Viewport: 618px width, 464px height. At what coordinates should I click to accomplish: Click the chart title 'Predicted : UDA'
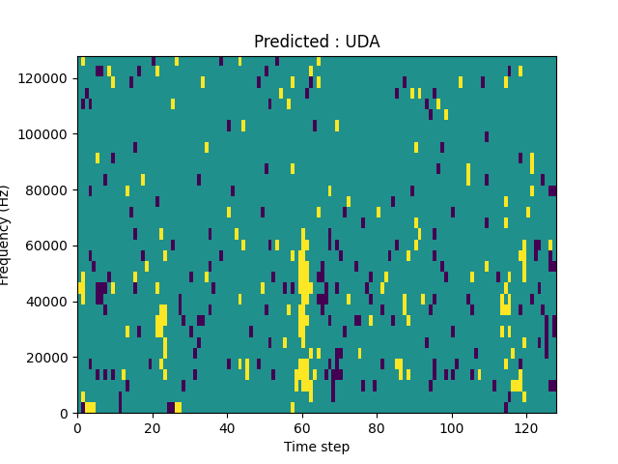pyautogui.click(x=317, y=42)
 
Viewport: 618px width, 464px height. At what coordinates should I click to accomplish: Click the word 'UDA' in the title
pyautogui.click(x=362, y=42)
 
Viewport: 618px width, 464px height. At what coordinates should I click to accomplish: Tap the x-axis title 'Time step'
pyautogui.click(x=317, y=447)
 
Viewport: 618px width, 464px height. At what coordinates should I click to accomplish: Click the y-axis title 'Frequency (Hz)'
pyautogui.click(x=6, y=235)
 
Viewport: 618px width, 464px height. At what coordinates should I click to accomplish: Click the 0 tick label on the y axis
pyautogui.click(x=67, y=413)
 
